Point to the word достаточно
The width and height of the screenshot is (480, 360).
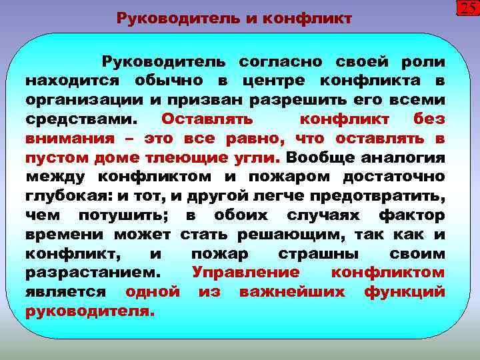(393, 177)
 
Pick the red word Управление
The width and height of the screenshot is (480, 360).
(245, 273)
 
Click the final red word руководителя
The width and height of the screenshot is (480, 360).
(90, 311)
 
